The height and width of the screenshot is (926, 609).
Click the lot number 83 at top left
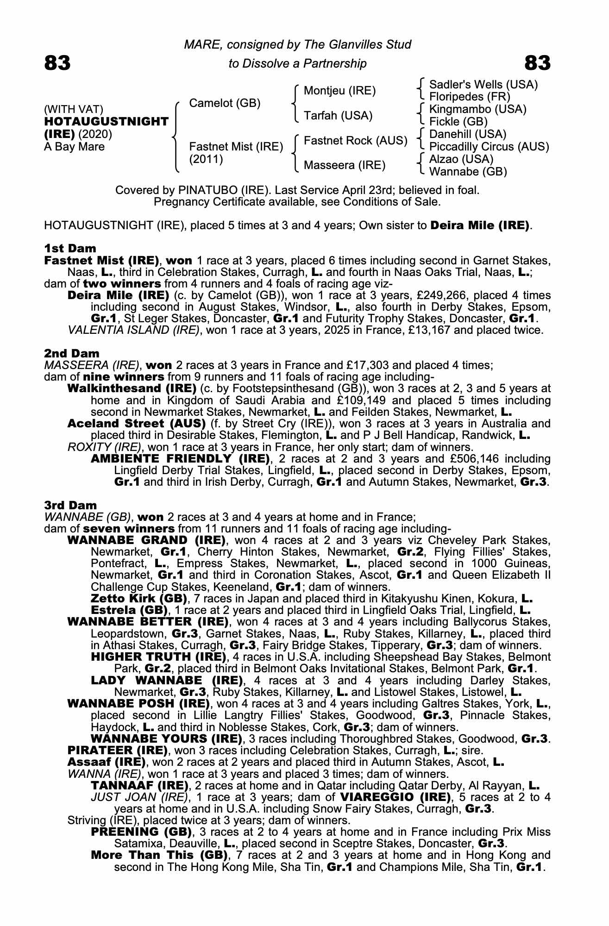click(57, 63)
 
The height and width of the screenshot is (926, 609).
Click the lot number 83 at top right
click(537, 63)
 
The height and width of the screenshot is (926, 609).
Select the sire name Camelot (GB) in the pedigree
click(225, 103)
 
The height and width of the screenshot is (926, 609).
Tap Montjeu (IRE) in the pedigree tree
click(339, 91)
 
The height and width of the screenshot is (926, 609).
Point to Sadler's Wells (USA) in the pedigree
click(483, 85)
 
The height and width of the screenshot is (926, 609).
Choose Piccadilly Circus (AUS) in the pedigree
click(489, 147)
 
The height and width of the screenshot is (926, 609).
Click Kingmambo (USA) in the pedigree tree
click(478, 110)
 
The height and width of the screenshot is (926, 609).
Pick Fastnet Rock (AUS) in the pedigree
click(355, 141)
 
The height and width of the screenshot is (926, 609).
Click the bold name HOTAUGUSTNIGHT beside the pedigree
click(106, 122)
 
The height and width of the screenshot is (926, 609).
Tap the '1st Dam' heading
click(70, 249)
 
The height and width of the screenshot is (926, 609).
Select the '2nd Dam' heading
click(71, 354)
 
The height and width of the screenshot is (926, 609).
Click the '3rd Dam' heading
click(71, 505)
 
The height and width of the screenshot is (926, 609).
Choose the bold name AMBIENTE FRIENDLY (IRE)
click(181, 459)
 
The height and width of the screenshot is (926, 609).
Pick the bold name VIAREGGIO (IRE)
click(396, 797)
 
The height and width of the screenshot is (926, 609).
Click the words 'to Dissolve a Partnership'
click(297, 63)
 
